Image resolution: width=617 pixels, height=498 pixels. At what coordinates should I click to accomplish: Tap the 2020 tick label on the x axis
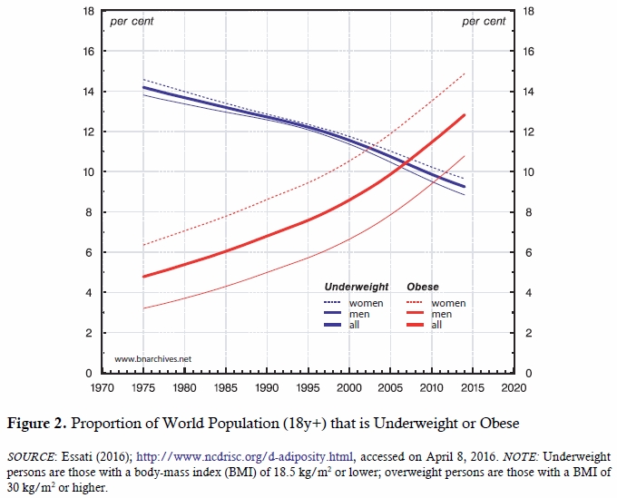(x=514, y=388)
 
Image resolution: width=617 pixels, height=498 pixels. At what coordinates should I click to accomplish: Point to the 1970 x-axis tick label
(x=102, y=388)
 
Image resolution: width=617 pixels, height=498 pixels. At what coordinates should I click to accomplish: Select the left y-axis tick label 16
(x=87, y=52)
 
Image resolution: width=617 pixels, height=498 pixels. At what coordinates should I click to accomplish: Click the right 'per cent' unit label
(x=484, y=21)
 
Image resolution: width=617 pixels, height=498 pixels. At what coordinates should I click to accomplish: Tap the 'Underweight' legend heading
(x=357, y=288)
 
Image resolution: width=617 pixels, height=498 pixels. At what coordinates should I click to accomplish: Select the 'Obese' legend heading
(x=422, y=288)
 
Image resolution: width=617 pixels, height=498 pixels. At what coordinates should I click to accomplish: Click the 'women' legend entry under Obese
(x=450, y=302)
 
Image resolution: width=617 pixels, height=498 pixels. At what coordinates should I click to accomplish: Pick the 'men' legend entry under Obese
(x=445, y=313)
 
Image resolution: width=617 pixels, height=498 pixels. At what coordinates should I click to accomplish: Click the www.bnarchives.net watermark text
(x=152, y=360)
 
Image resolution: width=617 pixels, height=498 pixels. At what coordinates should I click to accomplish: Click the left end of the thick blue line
(x=143, y=88)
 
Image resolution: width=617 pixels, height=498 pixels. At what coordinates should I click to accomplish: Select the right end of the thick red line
(x=465, y=115)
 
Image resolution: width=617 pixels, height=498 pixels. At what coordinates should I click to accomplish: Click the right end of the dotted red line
(x=465, y=73)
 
